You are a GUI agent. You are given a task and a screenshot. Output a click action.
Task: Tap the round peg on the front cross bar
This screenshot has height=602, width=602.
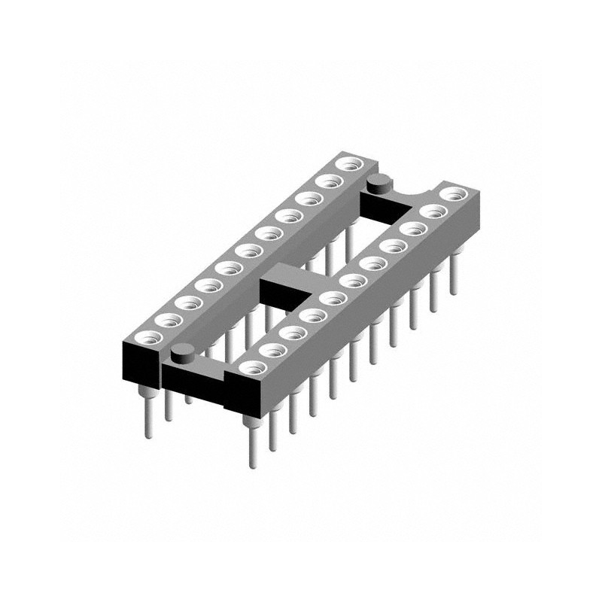181,352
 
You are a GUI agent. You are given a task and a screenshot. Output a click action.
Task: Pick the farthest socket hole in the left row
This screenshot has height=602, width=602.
348,164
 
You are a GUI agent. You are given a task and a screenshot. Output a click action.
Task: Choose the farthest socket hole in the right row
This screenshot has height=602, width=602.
453,194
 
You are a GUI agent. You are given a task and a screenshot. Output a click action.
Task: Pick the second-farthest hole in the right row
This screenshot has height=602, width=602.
432,211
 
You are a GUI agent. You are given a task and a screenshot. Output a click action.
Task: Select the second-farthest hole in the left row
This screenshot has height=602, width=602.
327,181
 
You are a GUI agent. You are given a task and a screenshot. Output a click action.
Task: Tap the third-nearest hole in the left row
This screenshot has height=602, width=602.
186,302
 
